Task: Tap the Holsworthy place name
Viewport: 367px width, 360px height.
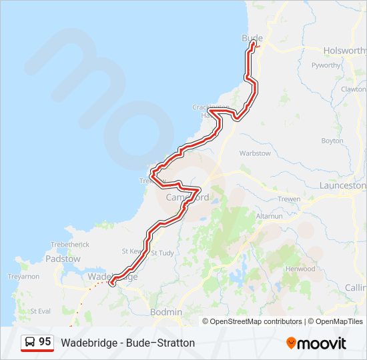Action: coord(345,51)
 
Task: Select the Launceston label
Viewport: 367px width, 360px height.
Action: coord(343,186)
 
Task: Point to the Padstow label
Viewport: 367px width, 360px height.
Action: coord(63,259)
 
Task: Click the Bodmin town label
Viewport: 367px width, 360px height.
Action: coord(166,312)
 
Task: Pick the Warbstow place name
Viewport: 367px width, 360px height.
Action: coord(256,153)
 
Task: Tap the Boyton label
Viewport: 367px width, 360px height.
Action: coord(332,141)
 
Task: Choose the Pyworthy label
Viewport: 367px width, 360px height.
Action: coord(326,65)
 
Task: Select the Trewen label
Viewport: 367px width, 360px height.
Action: coord(289,199)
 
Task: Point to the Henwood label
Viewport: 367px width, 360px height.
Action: coord(301,269)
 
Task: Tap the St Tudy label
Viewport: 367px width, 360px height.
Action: coord(162,253)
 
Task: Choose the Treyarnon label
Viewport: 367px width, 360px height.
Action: coord(23,276)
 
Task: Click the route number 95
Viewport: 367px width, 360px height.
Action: coord(45,342)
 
